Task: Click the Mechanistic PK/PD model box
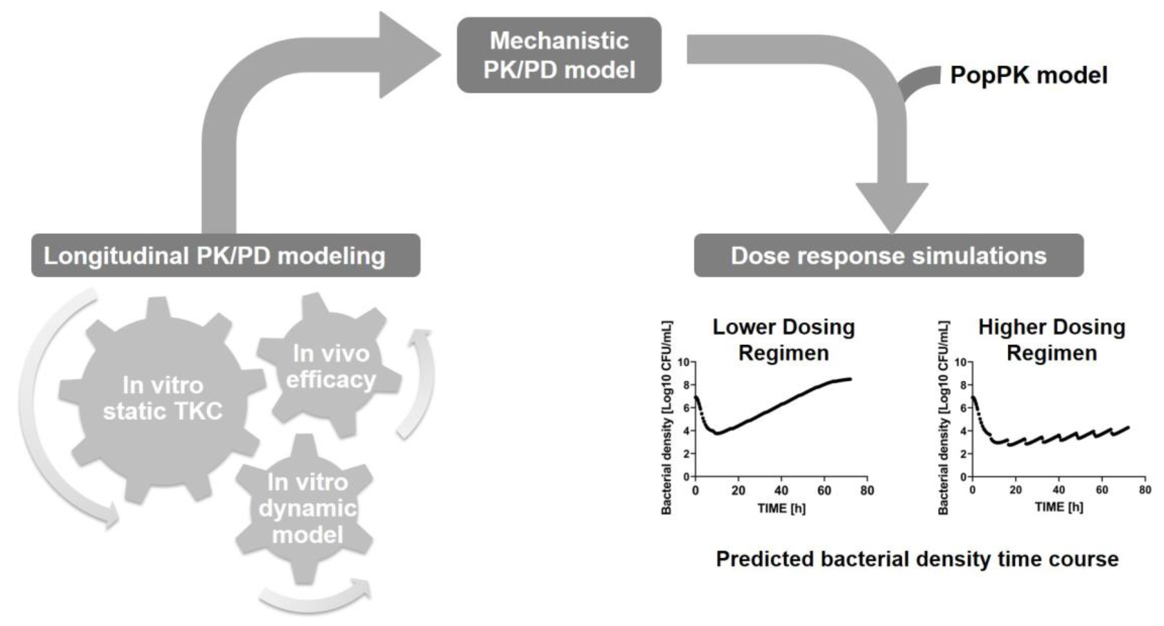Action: pyautogui.click(x=559, y=55)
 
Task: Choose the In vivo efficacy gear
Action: pyautogui.click(x=331, y=366)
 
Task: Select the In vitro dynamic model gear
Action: pyautogui.click(x=307, y=509)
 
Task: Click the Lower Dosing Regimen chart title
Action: pyautogui.click(x=783, y=339)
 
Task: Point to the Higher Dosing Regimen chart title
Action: pyautogui.click(x=1051, y=339)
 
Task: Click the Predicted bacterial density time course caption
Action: pyautogui.click(x=917, y=559)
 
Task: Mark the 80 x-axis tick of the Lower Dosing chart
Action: pyautogui.click(x=867, y=490)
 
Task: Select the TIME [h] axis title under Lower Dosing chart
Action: pyautogui.click(x=781, y=509)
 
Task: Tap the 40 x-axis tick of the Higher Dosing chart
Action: pyautogui.click(x=1059, y=490)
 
